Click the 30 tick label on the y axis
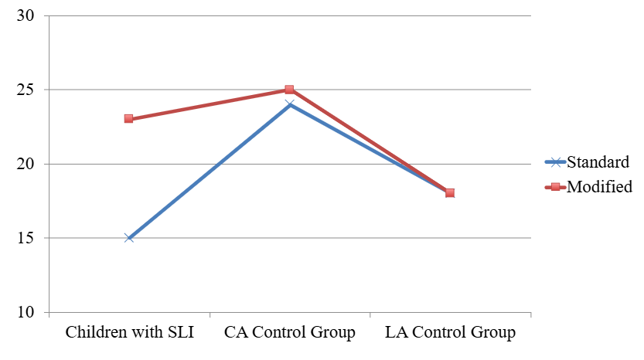(x=27, y=16)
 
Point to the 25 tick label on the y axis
(x=27, y=90)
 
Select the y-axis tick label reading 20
(x=27, y=165)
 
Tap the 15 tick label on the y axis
(x=27, y=239)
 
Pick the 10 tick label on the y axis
(x=27, y=313)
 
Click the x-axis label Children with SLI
(x=129, y=334)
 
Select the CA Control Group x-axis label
(x=289, y=334)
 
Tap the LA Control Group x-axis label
(x=450, y=334)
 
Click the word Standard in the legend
(x=598, y=162)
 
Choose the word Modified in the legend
(x=600, y=186)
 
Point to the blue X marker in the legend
(x=556, y=162)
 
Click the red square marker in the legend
(x=556, y=186)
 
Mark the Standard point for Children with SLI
(x=129, y=238)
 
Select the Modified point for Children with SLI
(x=129, y=119)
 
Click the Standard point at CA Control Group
(x=289, y=104)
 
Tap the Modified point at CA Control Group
(x=289, y=90)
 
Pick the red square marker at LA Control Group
(x=450, y=193)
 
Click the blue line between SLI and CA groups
(x=209, y=172)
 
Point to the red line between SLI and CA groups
(x=209, y=104)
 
